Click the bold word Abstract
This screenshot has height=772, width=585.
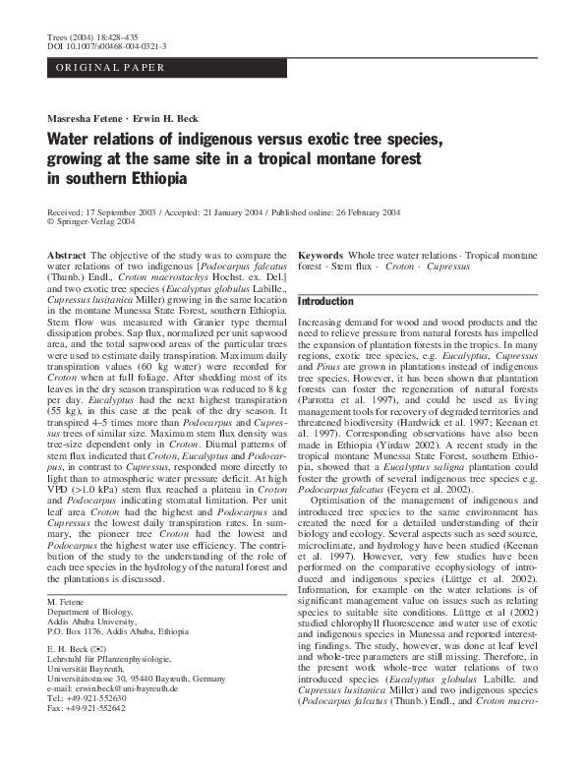click(x=67, y=255)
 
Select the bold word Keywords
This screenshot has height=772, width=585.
click(x=321, y=255)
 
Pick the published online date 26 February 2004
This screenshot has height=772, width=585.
click(x=349, y=211)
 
